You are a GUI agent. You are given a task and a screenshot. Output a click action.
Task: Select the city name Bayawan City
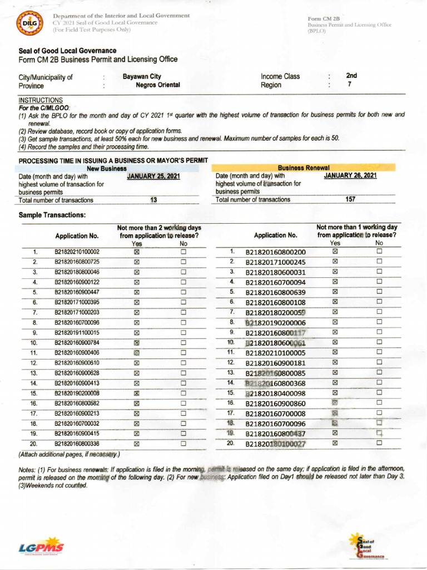[x=142, y=76]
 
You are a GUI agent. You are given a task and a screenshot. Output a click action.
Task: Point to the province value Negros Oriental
[x=158, y=85]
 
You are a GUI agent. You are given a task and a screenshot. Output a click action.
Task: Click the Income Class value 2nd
[x=351, y=76]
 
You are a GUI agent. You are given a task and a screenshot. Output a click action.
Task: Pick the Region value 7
[x=349, y=85]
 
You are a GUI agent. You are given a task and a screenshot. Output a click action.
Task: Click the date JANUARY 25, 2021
[x=154, y=176]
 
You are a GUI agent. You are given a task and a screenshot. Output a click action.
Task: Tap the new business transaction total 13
[x=154, y=200]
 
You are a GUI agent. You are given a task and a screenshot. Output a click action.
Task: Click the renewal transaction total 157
[x=350, y=199]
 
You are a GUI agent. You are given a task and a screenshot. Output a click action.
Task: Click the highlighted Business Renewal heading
[x=304, y=168]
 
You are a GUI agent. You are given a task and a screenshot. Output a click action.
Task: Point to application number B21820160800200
[x=276, y=252]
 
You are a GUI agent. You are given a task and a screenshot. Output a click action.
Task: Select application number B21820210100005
[x=276, y=352]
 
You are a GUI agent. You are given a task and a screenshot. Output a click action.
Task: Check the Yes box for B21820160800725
[x=136, y=262]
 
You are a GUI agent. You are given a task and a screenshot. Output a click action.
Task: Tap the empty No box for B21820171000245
[x=380, y=262]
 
